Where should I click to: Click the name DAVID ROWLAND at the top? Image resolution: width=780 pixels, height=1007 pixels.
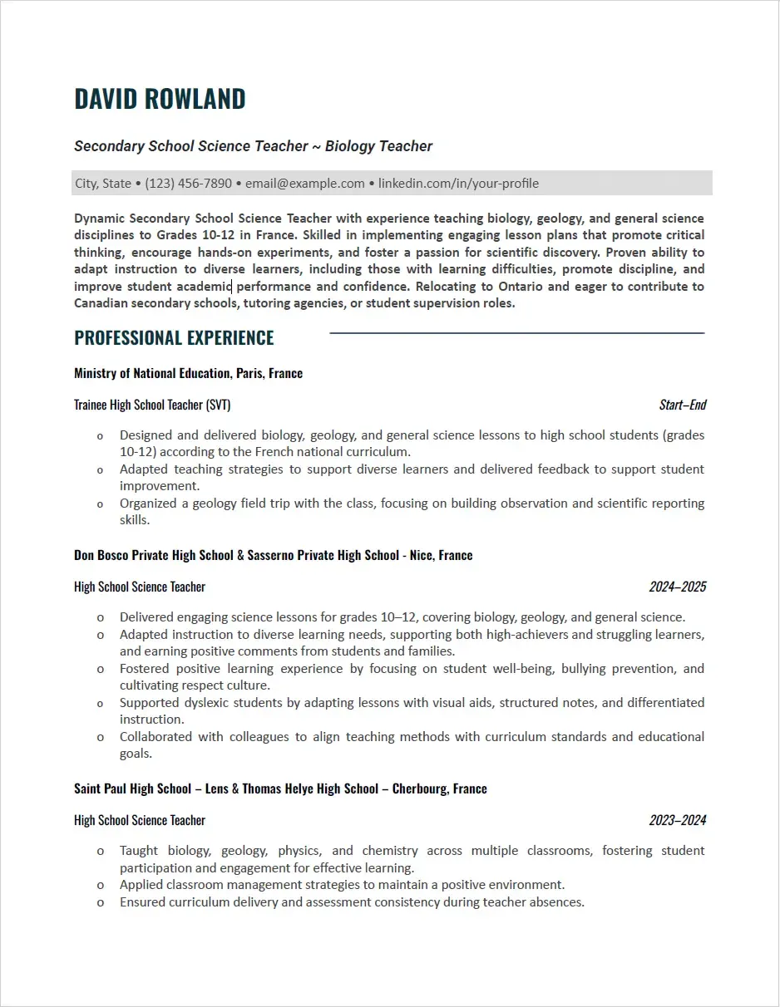tap(160, 98)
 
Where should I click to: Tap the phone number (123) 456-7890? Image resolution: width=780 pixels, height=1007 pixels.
tap(188, 184)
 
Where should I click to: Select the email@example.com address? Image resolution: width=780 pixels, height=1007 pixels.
tap(304, 184)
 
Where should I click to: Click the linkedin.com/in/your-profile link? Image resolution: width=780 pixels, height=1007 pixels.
tap(458, 184)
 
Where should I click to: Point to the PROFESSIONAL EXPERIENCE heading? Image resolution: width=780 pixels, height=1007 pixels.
tap(174, 338)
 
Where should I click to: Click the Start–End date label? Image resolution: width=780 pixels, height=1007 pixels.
tap(682, 405)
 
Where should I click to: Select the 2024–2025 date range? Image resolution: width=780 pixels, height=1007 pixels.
tap(677, 587)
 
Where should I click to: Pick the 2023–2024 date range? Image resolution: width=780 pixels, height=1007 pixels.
tap(677, 821)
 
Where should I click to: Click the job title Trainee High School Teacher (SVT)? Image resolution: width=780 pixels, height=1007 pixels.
tap(152, 405)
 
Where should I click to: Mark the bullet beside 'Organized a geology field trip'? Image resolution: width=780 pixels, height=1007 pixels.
tap(101, 503)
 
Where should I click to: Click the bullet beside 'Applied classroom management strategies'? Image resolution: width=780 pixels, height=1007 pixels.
tap(101, 886)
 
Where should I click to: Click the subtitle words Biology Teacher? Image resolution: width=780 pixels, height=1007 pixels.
tap(378, 146)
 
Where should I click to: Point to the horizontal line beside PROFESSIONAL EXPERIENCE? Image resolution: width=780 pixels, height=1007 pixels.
tap(516, 333)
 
